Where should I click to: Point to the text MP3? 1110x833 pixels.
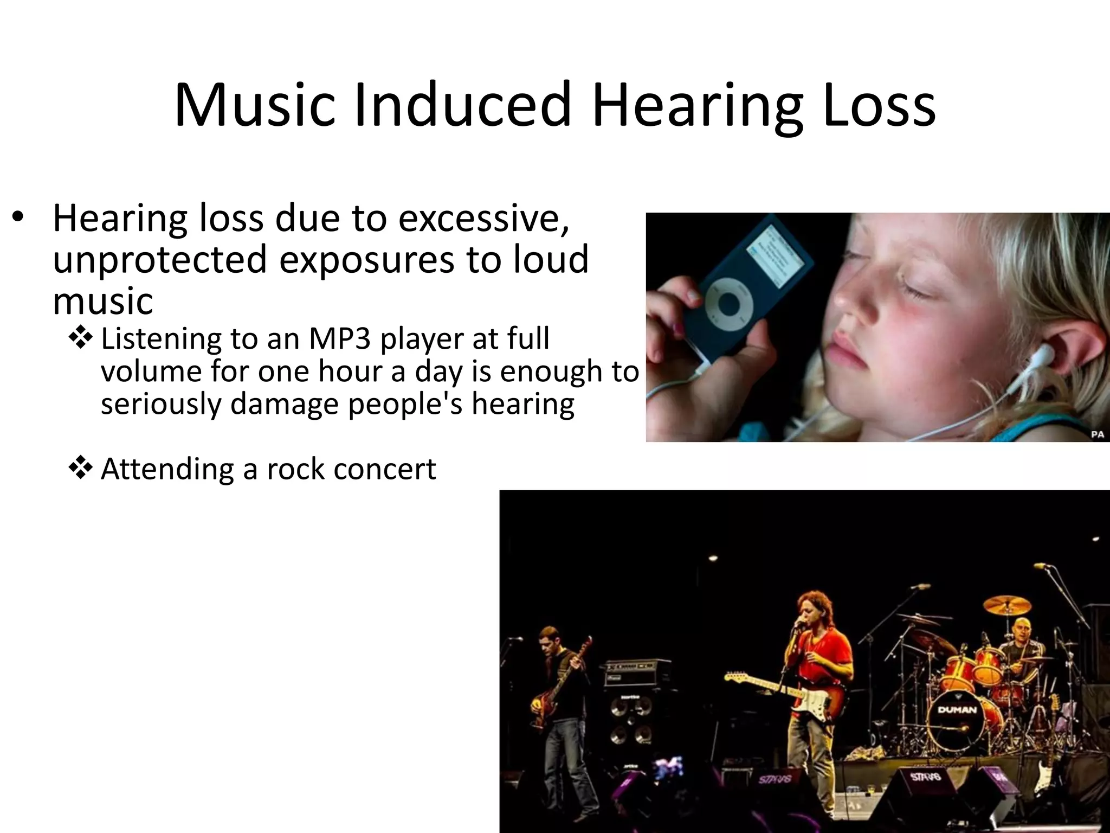click(x=340, y=339)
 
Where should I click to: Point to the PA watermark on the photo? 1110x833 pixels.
click(x=1096, y=434)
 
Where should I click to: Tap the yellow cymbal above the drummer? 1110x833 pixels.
click(x=1007, y=605)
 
